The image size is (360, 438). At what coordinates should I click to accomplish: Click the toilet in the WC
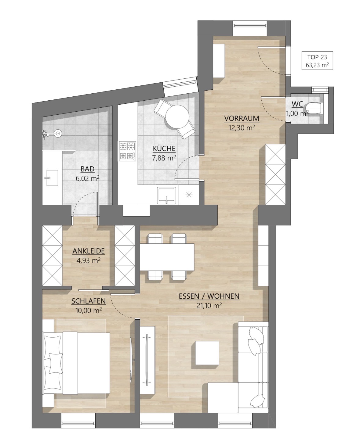(314, 108)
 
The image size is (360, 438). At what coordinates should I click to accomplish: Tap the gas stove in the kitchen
(128, 151)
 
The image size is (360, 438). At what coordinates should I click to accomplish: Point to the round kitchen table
(177, 117)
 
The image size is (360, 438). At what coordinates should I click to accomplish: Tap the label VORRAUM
(242, 119)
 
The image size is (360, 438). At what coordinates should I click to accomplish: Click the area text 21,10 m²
(209, 306)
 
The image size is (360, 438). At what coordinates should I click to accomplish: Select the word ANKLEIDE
(89, 251)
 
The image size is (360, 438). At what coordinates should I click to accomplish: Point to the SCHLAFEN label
(89, 301)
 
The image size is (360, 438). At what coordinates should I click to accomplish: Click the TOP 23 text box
(317, 60)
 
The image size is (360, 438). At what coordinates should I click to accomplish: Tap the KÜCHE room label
(164, 149)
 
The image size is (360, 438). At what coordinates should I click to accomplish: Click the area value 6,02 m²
(87, 178)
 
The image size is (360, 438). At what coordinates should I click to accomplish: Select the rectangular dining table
(167, 257)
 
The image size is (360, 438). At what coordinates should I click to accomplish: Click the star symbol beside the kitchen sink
(189, 195)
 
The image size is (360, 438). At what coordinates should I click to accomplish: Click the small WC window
(320, 90)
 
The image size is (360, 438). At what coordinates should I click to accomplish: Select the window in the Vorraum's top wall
(250, 25)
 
